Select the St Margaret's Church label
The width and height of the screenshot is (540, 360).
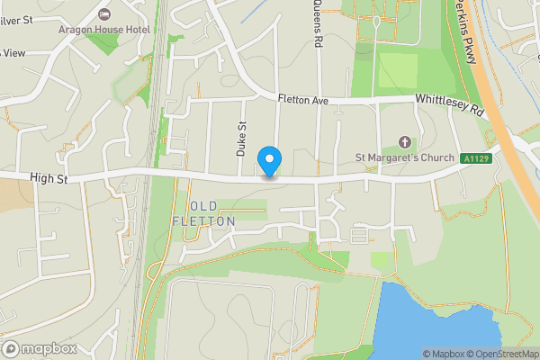point(404,157)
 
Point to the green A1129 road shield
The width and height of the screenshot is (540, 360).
point(476,159)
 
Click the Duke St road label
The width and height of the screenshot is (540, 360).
point(241,140)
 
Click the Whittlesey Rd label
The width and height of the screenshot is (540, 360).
point(449,104)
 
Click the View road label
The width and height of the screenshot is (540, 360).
point(13,53)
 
